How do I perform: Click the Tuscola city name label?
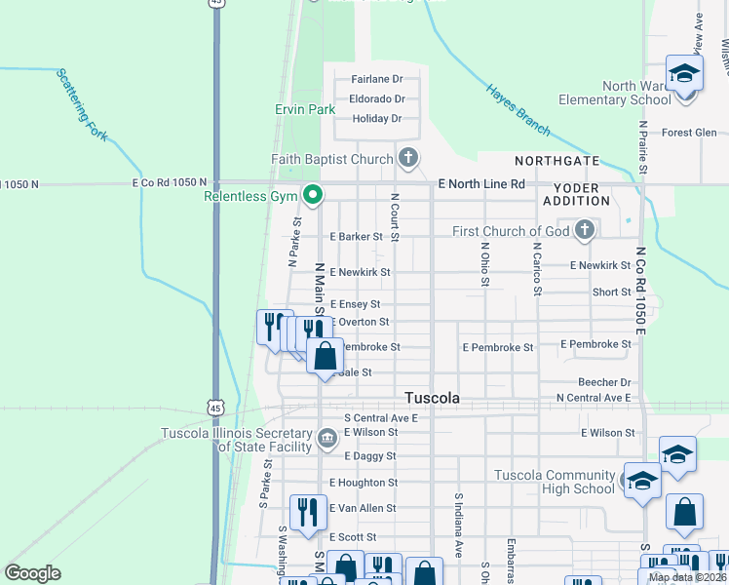[433, 398]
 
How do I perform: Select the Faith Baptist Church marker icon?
[408, 157]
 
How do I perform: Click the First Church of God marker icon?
[585, 230]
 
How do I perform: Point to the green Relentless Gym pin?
[313, 196]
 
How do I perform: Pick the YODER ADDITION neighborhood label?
[581, 193]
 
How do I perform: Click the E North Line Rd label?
[481, 183]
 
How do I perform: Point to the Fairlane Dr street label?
[377, 79]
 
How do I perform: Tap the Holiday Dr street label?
[377, 119]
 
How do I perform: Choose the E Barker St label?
[356, 237]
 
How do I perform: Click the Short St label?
[611, 292]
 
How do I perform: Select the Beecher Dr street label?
[604, 383]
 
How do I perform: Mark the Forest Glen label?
[689, 134]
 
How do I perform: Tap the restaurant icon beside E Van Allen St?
[308, 511]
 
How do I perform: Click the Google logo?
[32, 573]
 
